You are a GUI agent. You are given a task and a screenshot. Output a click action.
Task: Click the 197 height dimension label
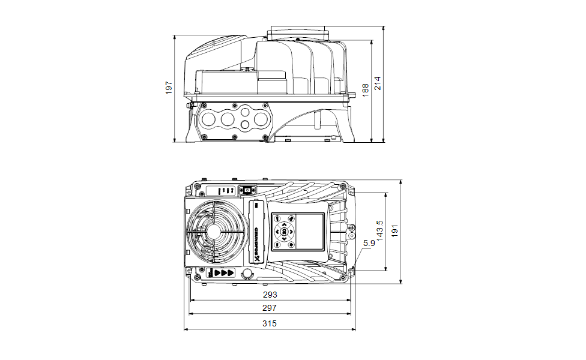pos(169,88)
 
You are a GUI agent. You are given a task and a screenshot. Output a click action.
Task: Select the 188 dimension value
pos(366,90)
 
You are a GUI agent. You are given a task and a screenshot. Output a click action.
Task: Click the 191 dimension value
pos(394,231)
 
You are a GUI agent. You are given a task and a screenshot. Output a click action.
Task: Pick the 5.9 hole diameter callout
pos(369,243)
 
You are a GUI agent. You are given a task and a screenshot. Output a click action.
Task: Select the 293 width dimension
pos(269,295)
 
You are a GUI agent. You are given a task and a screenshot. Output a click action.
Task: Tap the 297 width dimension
pos(269,308)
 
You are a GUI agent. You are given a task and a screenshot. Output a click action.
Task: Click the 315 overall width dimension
pos(269,323)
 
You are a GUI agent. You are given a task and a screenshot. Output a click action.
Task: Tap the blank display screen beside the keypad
pos(310,231)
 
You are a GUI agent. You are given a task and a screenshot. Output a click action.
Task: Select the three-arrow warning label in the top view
pos(223,272)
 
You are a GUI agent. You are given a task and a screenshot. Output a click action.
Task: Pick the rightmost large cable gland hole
pos(261,119)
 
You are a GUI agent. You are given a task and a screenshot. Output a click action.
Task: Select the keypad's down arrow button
pos(283,239)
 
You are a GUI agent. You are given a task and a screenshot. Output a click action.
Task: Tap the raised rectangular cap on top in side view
pos(299,33)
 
